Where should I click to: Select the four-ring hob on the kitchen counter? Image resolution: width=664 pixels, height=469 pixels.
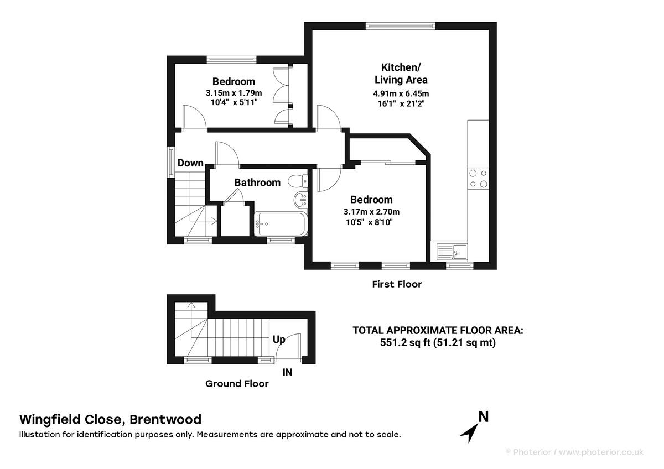click(x=478, y=178)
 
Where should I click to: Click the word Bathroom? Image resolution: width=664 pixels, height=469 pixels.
click(x=257, y=183)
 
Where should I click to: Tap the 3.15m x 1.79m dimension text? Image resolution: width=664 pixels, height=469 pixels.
click(x=233, y=93)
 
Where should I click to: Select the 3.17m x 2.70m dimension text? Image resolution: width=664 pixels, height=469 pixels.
click(x=371, y=211)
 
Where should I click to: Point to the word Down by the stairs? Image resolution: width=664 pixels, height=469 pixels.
click(x=190, y=163)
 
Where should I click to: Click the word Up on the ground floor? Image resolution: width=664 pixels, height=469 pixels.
click(x=279, y=339)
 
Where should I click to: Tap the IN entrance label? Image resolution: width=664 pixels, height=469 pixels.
click(x=287, y=373)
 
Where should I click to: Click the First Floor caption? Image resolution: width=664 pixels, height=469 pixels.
click(x=396, y=284)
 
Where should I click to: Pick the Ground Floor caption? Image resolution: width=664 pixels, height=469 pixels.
click(x=237, y=383)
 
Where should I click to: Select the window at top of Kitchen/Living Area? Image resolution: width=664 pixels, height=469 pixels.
click(x=402, y=25)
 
